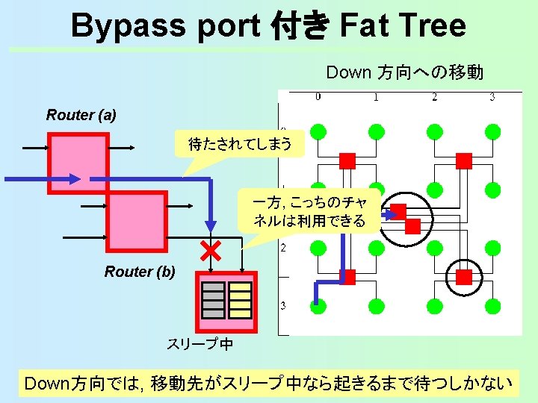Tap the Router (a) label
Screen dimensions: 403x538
click(x=81, y=115)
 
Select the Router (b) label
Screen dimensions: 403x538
click(x=140, y=272)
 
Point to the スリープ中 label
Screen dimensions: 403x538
click(x=200, y=344)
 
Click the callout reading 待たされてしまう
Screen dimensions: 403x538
click(x=239, y=144)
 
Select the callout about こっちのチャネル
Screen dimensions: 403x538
click(x=309, y=211)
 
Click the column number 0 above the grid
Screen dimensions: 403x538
click(x=318, y=96)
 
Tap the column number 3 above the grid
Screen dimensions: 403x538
click(x=492, y=96)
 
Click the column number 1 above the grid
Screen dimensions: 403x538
click(x=375, y=96)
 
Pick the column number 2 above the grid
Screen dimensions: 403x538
click(x=433, y=96)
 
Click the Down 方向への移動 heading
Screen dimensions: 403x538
click(x=404, y=72)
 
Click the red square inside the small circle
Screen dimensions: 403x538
click(x=464, y=278)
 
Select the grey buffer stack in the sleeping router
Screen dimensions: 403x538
click(x=214, y=299)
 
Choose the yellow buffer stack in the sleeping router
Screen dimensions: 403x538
click(x=240, y=299)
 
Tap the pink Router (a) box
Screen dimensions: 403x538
click(x=78, y=162)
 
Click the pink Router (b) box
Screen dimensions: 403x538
click(x=136, y=221)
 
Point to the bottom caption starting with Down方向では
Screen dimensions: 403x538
click(x=269, y=384)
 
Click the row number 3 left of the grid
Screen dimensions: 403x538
click(x=283, y=305)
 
